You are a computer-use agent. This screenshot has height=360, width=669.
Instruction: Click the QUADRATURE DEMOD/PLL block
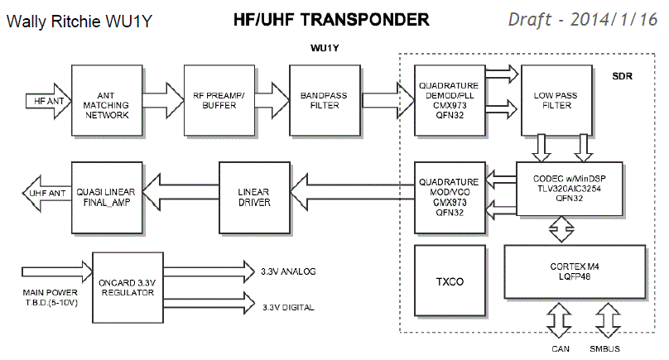click(448, 101)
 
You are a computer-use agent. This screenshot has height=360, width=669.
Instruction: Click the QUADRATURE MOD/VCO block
click(448, 196)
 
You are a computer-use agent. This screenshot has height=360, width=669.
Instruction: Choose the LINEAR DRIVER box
click(254, 196)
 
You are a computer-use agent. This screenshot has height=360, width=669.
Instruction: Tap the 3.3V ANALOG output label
click(289, 271)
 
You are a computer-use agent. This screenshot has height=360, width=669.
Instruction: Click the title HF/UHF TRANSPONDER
click(331, 17)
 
